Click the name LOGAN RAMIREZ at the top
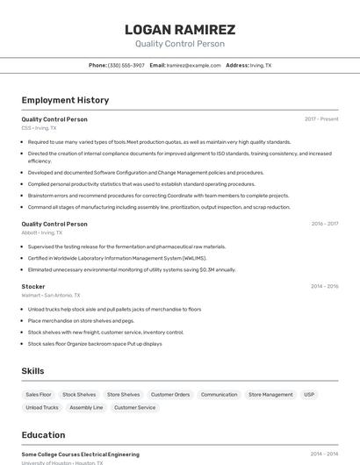click(x=180, y=30)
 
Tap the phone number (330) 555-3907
click(x=126, y=66)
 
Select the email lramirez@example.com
click(x=193, y=66)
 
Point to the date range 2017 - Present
click(x=321, y=119)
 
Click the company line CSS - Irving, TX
click(x=39, y=128)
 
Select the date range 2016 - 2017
click(x=324, y=224)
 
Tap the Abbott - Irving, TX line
click(x=42, y=232)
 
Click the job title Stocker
click(x=33, y=286)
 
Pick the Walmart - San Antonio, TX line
click(x=51, y=296)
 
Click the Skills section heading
click(x=33, y=371)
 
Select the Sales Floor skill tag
click(x=39, y=395)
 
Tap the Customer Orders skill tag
click(x=170, y=395)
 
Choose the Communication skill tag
click(x=219, y=395)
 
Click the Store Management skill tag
click(x=270, y=395)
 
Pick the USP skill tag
click(x=309, y=395)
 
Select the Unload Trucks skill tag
click(x=42, y=408)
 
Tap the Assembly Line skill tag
click(x=86, y=408)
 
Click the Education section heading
click(x=43, y=435)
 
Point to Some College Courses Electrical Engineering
click(x=81, y=454)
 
